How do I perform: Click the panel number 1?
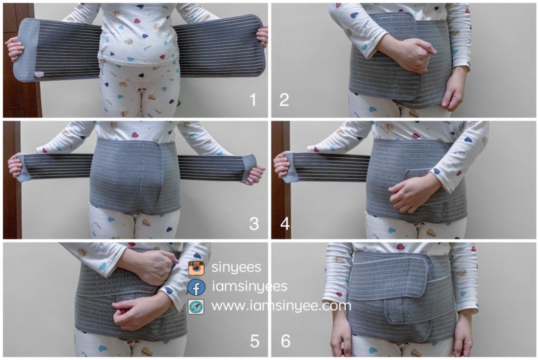click(253, 100)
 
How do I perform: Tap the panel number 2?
click(284, 100)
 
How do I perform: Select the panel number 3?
click(254, 224)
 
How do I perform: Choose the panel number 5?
click(254, 341)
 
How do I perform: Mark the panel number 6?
click(286, 341)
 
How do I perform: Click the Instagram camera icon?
click(197, 268)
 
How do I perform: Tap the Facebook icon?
click(197, 287)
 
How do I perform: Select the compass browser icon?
click(196, 307)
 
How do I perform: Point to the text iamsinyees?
click(249, 287)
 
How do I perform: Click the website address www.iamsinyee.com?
click(281, 306)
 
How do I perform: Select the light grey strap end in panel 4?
click(290, 167)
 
